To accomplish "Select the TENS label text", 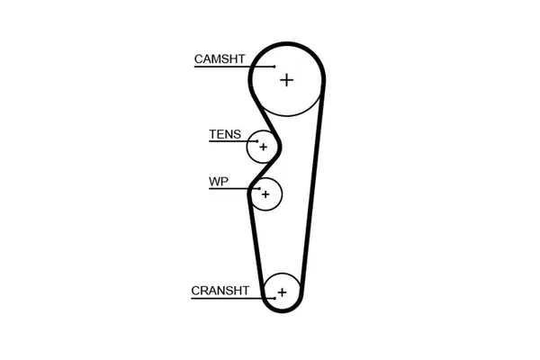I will [x=225, y=135].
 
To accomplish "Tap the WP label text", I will [x=219, y=182].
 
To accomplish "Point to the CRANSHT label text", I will [x=220, y=291].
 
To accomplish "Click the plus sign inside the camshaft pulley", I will [x=286, y=80].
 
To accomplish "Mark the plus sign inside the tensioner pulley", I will [x=263, y=146].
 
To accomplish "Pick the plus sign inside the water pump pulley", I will [x=265, y=193].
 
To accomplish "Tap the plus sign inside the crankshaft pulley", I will [x=282, y=292].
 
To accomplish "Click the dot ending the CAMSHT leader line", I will [x=274, y=67].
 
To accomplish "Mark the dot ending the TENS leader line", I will [x=255, y=142].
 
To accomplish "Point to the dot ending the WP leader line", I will [x=256, y=189].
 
